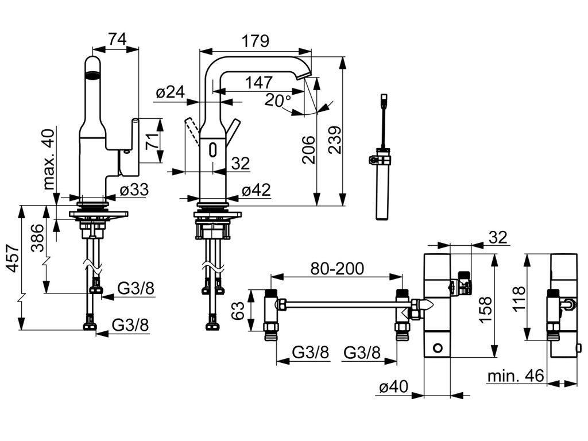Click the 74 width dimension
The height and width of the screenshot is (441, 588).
[118, 39]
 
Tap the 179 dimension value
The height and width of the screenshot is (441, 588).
[255, 41]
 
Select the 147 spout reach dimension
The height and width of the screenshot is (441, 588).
[259, 83]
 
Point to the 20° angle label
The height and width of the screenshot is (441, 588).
[278, 100]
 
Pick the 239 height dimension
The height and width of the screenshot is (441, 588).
[335, 140]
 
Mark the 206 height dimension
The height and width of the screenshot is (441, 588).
[308, 150]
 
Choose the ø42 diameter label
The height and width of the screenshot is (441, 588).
[256, 190]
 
